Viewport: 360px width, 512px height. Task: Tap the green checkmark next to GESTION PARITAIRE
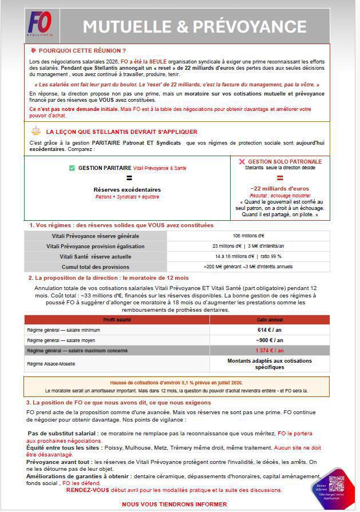pos(72,168)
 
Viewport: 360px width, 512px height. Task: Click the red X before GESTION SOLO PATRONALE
pos(242,162)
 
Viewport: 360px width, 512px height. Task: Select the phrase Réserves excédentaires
pos(127,189)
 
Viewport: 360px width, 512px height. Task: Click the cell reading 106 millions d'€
pos(248,236)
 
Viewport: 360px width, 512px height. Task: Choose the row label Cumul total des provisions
pos(96,266)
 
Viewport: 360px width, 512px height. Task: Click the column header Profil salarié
pos(116,319)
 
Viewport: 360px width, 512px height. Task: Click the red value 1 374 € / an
pos(270,350)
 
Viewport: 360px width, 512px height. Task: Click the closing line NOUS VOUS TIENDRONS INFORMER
pos(174,504)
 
